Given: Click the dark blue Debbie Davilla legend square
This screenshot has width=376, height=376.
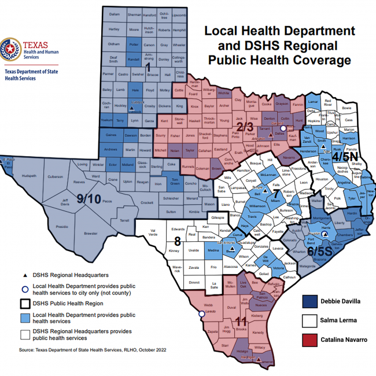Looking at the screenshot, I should (310, 301).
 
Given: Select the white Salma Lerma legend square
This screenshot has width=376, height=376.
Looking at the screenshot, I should (310, 320).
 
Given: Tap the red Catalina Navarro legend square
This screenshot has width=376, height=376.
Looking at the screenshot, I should (310, 340).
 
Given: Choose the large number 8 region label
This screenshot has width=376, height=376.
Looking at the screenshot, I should (178, 241).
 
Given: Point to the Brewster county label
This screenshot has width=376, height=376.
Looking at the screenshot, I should (90, 233).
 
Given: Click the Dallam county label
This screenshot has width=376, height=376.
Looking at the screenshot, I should (114, 13).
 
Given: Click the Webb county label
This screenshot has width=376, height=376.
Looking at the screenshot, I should (208, 305).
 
